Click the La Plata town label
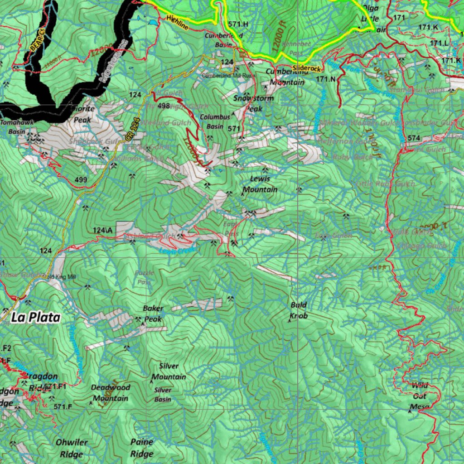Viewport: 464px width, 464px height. click(36, 318)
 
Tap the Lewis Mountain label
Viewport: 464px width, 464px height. click(260, 184)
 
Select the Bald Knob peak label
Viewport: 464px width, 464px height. click(299, 310)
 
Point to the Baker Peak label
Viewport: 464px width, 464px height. click(153, 314)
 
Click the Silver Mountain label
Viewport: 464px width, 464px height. click(169, 371)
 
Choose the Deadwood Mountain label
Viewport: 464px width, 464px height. click(111, 393)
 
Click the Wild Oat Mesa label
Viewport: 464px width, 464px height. click(420, 396)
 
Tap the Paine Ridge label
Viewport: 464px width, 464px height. click(142, 448)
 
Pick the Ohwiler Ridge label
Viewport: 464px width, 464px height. click(72, 448)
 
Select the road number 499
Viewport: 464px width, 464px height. click(81, 180)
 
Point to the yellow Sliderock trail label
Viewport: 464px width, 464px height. click(307, 69)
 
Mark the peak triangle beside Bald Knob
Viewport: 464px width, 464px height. click(290, 321)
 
